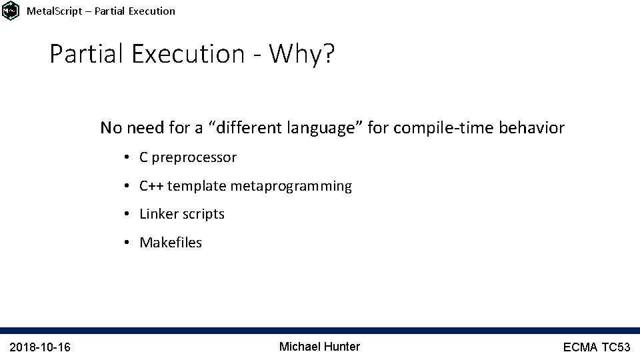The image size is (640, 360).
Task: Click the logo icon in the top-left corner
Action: click(x=11, y=11)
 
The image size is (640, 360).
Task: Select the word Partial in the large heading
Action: click(x=87, y=54)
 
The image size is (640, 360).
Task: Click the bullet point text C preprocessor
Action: click(x=187, y=157)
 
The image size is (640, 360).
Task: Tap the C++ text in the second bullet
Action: click(x=151, y=186)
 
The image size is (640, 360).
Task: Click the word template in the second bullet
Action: click(x=197, y=186)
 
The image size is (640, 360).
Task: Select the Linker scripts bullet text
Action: click(x=181, y=214)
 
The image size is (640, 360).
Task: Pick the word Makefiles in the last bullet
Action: click(x=170, y=243)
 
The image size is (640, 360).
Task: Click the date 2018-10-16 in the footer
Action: click(x=41, y=347)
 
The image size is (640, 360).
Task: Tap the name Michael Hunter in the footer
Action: click(x=319, y=346)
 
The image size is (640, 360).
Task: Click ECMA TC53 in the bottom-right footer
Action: click(x=596, y=347)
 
